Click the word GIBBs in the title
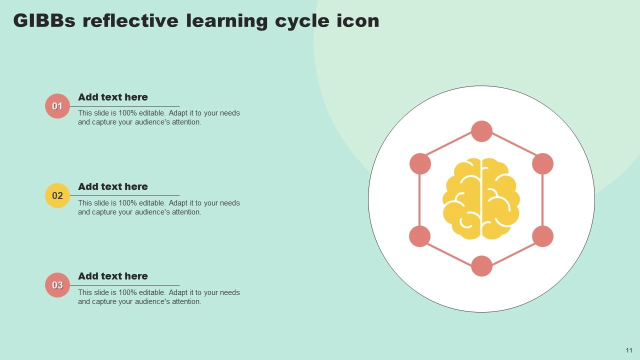pyautogui.click(x=44, y=20)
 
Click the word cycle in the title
pyautogui.click(x=302, y=21)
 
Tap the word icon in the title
pyautogui.click(x=357, y=20)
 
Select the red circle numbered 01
pyautogui.click(x=57, y=106)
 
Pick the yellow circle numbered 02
pyautogui.click(x=57, y=195)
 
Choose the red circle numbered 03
pyautogui.click(x=57, y=285)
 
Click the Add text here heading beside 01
pyautogui.click(x=113, y=97)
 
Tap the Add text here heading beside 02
pyautogui.click(x=113, y=186)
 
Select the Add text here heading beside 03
pyautogui.click(x=113, y=276)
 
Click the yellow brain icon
pyautogui.click(x=481, y=198)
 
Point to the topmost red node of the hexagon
pyautogui.click(x=481, y=131)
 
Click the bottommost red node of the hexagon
pyautogui.click(x=481, y=266)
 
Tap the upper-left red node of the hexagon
pyautogui.click(x=420, y=163)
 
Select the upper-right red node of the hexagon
pyautogui.click(x=543, y=163)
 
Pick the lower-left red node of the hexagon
pyautogui.click(x=419, y=236)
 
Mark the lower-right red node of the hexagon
pyautogui.click(x=543, y=236)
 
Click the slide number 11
pyautogui.click(x=629, y=350)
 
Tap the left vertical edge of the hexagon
pyautogui.click(x=419, y=200)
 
